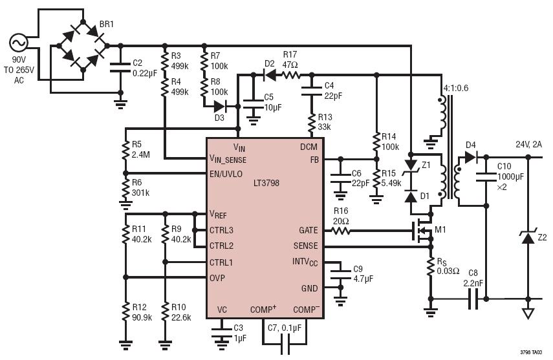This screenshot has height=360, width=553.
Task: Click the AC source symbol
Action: (18, 44)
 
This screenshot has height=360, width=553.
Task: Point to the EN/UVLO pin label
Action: (226, 174)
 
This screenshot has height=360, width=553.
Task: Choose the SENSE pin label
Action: (305, 246)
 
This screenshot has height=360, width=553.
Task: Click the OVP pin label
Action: (217, 278)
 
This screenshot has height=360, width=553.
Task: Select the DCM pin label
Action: (309, 147)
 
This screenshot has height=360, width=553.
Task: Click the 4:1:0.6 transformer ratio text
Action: (457, 88)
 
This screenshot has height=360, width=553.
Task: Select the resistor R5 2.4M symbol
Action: (124, 151)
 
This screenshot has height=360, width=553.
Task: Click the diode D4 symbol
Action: (470, 156)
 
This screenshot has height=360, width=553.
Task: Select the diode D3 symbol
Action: (220, 106)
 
